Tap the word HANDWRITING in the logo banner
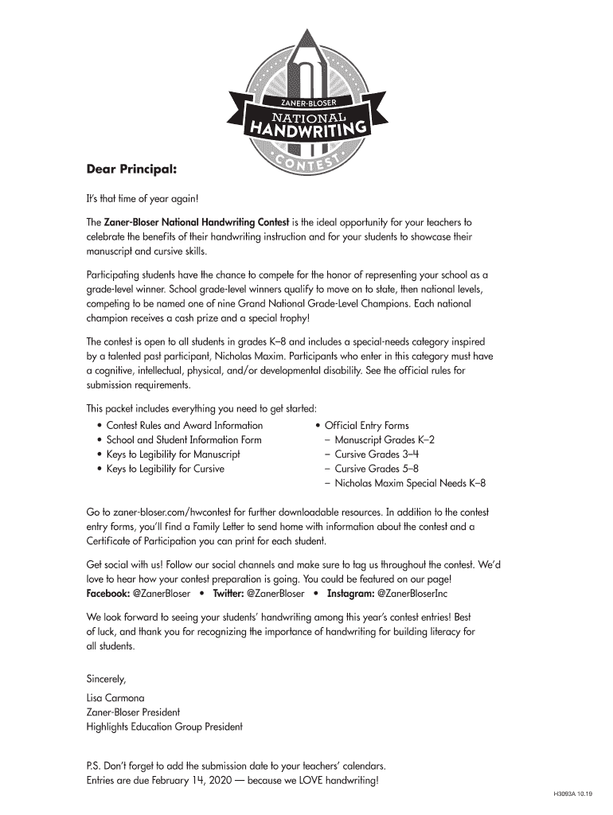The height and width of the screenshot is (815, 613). pos(310,128)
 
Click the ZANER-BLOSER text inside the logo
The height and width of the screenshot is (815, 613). pos(306,104)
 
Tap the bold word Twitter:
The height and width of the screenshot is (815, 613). pos(228,594)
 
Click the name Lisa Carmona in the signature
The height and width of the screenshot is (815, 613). pos(115,698)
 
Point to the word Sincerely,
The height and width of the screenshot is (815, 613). pos(107,679)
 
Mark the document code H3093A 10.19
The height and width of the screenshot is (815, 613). pos(572,794)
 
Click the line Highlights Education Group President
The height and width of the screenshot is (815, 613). pos(165,727)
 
